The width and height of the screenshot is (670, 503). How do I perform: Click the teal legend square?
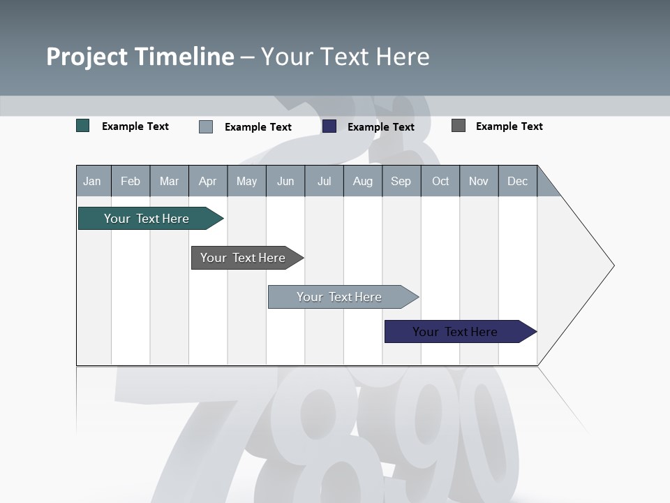click(83, 126)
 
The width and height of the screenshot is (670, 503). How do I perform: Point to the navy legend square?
click(329, 126)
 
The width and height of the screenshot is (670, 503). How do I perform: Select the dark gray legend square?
click(459, 126)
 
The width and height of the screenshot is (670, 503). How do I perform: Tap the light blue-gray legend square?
click(206, 126)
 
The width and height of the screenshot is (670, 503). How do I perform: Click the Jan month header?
click(92, 181)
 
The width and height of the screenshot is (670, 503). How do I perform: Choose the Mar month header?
click(169, 181)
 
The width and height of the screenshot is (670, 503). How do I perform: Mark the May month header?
click(246, 181)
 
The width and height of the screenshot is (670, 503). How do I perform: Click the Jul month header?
click(324, 181)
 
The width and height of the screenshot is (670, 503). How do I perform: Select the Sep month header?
click(401, 181)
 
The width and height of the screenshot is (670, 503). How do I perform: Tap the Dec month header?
click(517, 181)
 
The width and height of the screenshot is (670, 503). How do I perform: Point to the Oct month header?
click(440, 181)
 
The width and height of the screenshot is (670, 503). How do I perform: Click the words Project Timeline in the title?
click(140, 57)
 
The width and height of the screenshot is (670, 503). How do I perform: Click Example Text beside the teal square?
click(135, 126)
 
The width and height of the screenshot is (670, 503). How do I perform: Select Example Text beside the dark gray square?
click(509, 126)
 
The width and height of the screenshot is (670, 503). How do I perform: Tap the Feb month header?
click(131, 181)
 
